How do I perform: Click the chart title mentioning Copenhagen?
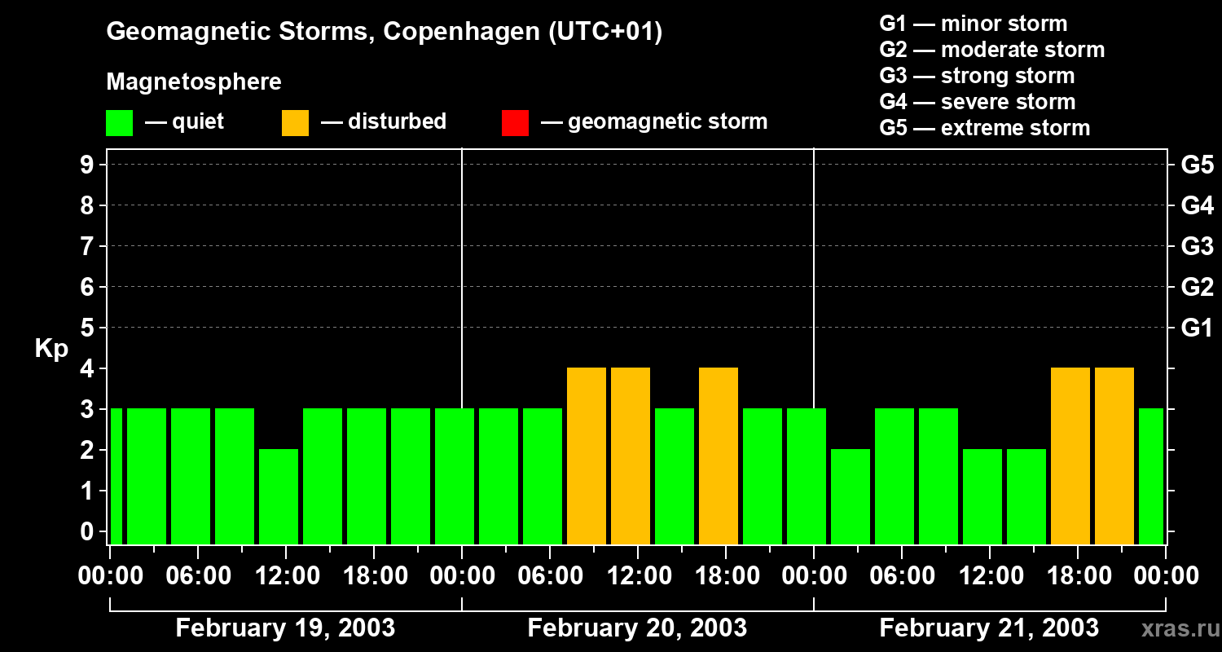pos(384,32)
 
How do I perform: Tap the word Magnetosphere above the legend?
pos(194,82)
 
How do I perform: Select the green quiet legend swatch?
pos(119,123)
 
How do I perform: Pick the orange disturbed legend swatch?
pos(295,123)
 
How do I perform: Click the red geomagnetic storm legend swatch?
pos(515,123)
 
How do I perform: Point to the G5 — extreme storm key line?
pos(984,128)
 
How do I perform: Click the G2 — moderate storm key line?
pos(991,50)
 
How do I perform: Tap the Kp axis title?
pos(51,349)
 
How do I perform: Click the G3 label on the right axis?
pos(1197,247)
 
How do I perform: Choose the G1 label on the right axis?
pos(1197,328)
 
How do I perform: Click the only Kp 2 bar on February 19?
pos(279,496)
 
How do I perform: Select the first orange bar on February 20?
pos(587,456)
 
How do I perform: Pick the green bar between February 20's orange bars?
pos(675,476)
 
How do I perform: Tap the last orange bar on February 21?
pos(1114,456)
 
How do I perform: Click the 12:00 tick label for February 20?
pos(638,576)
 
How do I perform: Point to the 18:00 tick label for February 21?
pos(1078,576)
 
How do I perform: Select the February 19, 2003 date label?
pos(285,628)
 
